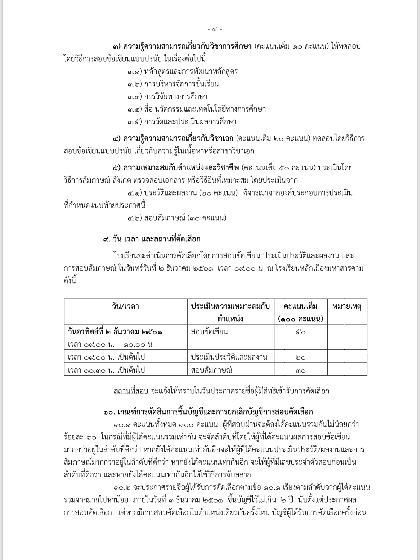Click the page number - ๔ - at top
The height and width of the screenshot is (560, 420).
215,29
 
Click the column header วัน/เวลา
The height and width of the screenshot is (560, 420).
126,306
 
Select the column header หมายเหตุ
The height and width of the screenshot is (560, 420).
347,306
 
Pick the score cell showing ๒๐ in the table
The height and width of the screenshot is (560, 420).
301,357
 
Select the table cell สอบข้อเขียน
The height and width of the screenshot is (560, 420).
209,332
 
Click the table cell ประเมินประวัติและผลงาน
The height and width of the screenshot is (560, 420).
229,357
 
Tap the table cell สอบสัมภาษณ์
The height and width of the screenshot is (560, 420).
212,370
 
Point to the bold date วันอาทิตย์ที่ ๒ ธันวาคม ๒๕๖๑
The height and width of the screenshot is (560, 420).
115,332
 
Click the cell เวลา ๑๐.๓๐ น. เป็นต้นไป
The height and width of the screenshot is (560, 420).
106,370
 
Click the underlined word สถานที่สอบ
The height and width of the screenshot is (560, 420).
131,391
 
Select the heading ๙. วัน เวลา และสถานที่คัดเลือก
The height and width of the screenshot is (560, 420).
152,239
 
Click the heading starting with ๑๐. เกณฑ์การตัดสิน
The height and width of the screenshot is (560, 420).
208,412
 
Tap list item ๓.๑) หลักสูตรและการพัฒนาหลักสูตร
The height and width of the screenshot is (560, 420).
182,72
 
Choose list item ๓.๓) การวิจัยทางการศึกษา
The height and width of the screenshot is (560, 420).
167,97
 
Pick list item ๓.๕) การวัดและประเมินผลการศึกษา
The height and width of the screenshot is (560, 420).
182,122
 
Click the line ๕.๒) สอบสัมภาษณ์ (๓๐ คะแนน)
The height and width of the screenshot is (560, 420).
177,218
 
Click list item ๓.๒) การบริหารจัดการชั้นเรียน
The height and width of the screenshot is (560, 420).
173,84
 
